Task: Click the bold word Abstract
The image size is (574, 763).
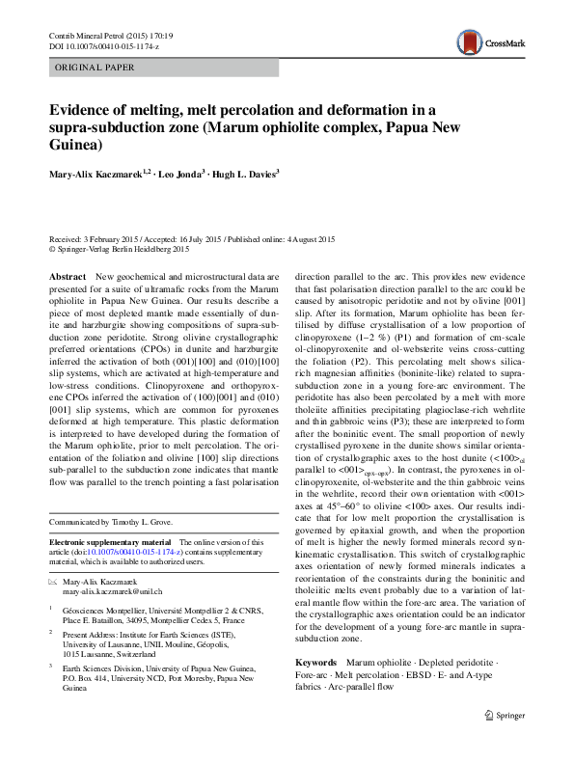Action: (68, 276)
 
